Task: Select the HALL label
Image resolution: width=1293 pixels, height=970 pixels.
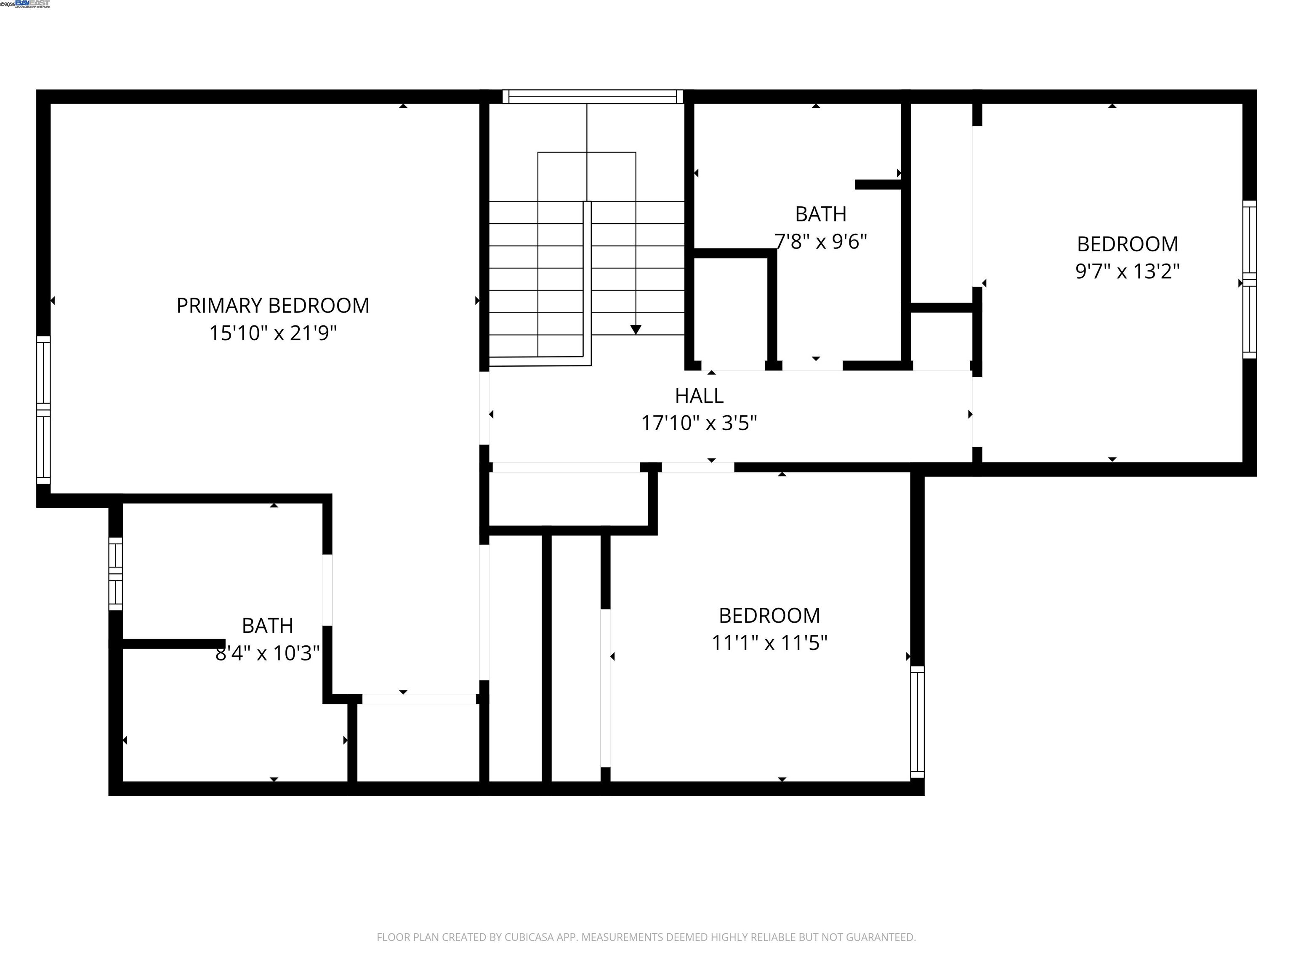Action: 699,396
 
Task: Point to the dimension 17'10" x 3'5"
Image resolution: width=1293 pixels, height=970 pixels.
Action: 699,423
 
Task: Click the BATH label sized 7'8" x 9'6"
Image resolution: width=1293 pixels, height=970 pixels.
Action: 821,214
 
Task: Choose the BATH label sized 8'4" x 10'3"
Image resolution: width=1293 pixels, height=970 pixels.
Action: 267,626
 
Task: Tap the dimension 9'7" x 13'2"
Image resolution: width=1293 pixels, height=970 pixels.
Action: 1127,271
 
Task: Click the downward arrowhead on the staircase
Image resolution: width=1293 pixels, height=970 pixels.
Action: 636,330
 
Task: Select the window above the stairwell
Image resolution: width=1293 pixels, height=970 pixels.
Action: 592,96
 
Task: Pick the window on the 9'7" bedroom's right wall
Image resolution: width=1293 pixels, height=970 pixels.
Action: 1249,280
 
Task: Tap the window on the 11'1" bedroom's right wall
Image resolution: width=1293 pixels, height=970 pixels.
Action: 917,722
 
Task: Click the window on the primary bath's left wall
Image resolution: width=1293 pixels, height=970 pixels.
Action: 116,573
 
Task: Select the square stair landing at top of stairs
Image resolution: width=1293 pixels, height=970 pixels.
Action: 586,176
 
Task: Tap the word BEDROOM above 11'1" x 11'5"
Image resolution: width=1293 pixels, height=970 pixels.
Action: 769,615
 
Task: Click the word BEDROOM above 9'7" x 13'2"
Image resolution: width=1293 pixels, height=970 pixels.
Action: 1127,244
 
